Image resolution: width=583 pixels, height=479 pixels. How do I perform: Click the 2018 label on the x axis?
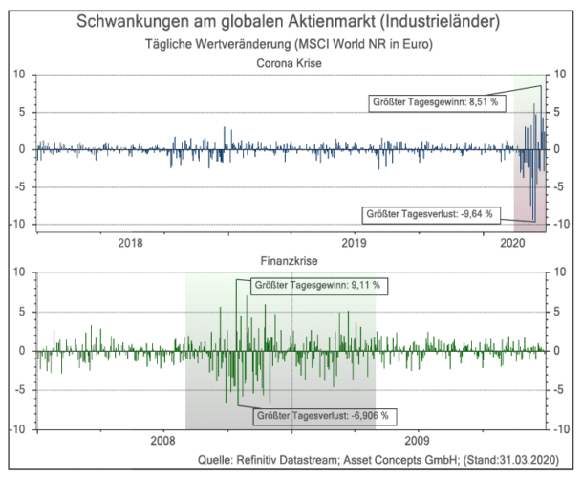(x=131, y=243)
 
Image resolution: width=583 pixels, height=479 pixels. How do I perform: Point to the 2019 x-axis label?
(x=355, y=243)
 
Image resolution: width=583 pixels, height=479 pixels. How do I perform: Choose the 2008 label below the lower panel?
(x=163, y=442)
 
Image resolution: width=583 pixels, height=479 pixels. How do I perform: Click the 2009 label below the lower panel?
(x=417, y=442)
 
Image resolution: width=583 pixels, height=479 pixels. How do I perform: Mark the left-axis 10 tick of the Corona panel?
(x=18, y=75)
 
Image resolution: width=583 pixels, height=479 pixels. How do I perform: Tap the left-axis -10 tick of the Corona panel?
(x=16, y=225)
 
